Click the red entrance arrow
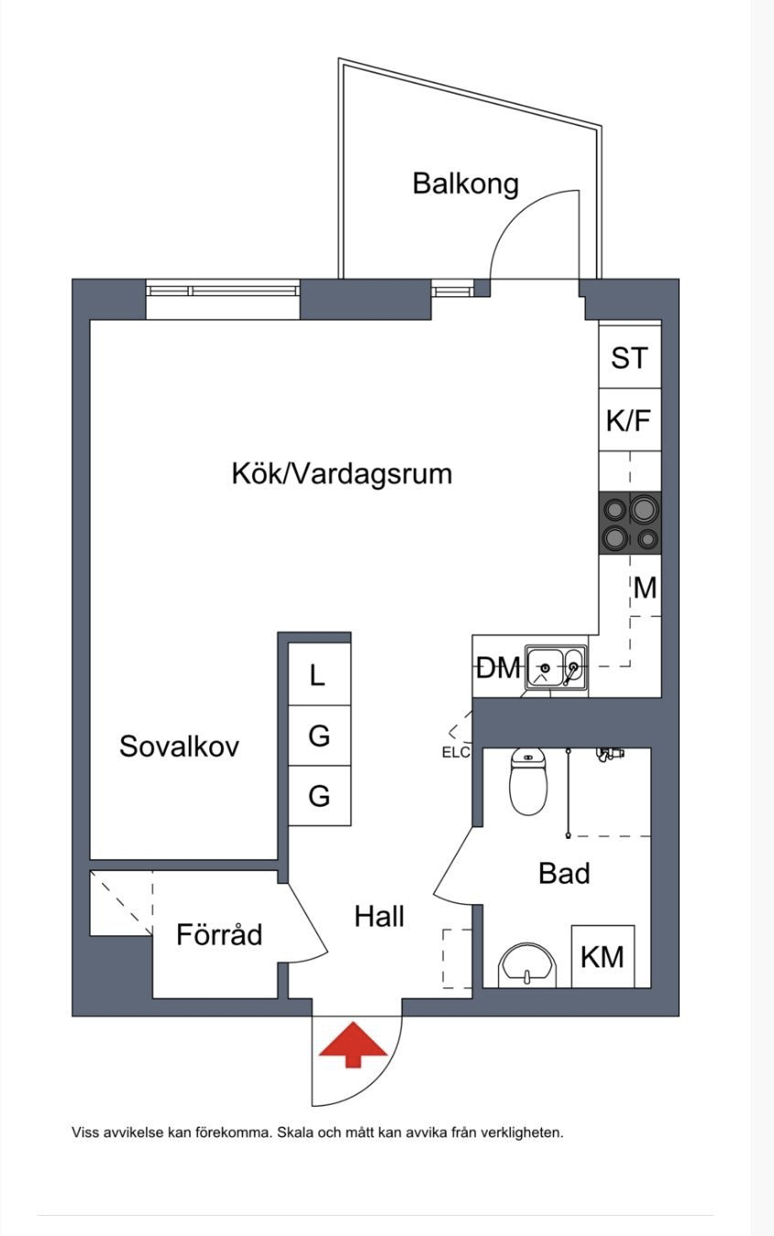pos(353,1044)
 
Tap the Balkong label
pos(465,184)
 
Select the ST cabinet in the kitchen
pos(630,357)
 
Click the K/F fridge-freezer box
pos(630,420)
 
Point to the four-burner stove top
pos(630,523)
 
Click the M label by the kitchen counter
pos(646,588)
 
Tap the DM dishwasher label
pos(499,668)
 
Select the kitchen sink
pos(556,668)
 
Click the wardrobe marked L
pos(320,674)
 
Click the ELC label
pos(456,752)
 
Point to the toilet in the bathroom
pos(528,781)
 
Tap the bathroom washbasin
pos(527,966)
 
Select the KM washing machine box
pos(603,956)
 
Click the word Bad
pos(564,874)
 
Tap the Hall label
pos(380,916)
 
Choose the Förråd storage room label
pos(219,933)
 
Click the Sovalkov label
pos(180,746)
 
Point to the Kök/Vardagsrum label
pos(342,473)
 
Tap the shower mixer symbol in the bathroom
pos(611,754)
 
